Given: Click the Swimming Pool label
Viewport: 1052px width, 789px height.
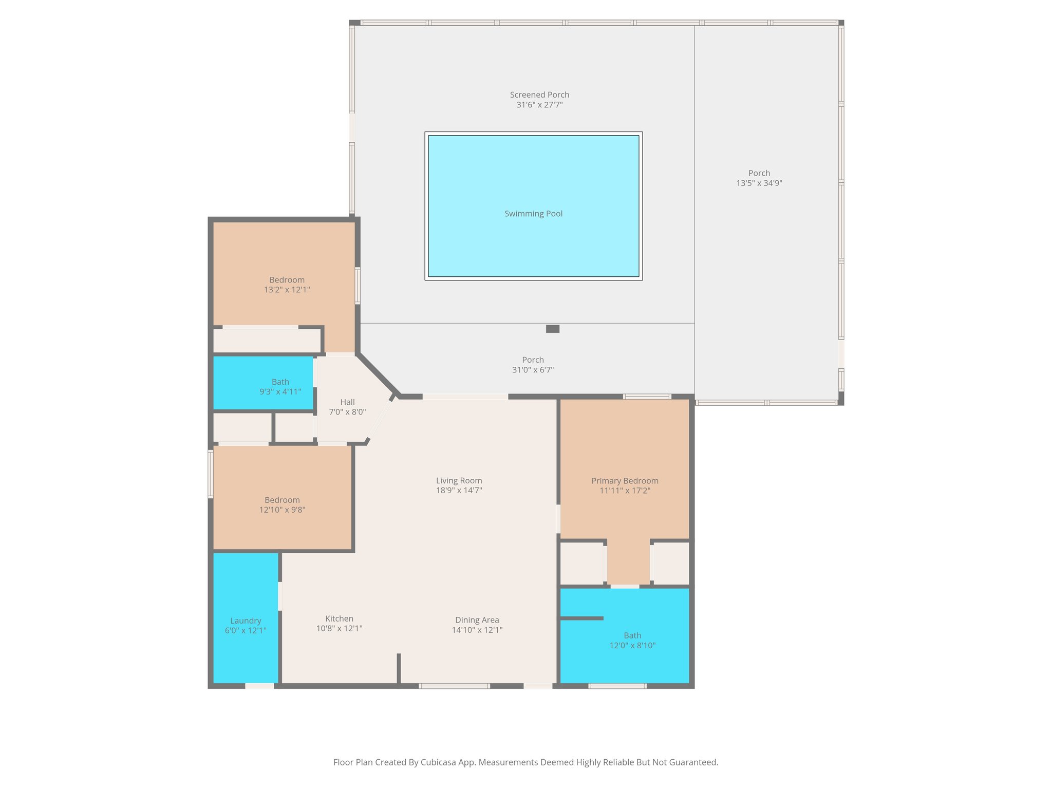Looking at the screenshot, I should (x=533, y=214).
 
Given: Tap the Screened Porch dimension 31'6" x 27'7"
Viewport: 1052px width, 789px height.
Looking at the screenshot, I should (x=539, y=105).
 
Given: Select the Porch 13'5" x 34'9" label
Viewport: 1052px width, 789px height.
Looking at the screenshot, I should (x=759, y=178).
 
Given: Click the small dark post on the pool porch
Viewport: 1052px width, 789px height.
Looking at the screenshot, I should (x=552, y=329).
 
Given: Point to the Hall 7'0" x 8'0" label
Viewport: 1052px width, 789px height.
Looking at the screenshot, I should (x=347, y=407).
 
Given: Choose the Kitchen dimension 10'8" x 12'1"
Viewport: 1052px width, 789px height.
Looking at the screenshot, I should (x=339, y=628).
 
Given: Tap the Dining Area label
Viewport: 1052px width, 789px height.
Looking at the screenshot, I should (x=477, y=620).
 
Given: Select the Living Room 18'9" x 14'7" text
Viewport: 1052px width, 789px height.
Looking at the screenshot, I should (x=459, y=485).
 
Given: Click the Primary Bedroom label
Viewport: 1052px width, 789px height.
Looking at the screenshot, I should (x=625, y=481).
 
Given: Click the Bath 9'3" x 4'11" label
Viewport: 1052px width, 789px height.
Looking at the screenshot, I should (x=280, y=387).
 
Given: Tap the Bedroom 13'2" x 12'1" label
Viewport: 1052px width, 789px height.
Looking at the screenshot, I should (x=287, y=285).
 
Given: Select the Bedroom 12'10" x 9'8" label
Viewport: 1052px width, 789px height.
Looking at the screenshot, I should (x=282, y=504).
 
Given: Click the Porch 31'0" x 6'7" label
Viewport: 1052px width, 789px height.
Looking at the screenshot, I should (x=533, y=365).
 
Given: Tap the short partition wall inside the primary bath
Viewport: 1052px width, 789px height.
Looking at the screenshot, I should (x=581, y=618).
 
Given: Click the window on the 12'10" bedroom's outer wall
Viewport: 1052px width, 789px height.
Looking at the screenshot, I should (x=211, y=474).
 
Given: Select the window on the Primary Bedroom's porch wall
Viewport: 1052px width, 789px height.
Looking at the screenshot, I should (x=647, y=396).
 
